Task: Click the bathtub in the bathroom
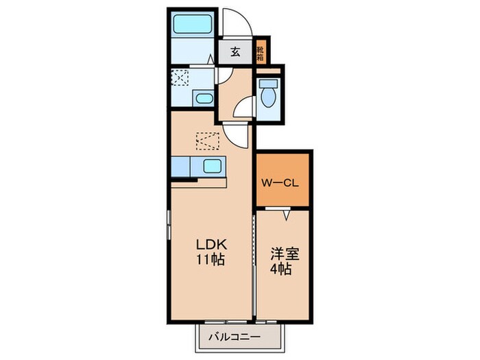tap(193, 24)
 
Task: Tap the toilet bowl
tap(269, 95)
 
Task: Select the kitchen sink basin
tap(212, 167)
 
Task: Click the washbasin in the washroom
tap(204, 99)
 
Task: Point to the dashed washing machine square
tap(180, 77)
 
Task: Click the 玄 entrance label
tap(235, 51)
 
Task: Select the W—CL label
tap(280, 183)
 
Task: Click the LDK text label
tap(211, 245)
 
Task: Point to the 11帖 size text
tap(211, 260)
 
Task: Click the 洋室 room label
tap(285, 254)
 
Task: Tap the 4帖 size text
tap(280, 269)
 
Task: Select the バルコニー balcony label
tap(235, 337)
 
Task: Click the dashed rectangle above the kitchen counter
tap(208, 141)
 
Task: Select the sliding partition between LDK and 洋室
tap(254, 265)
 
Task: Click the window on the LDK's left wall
tap(169, 225)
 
